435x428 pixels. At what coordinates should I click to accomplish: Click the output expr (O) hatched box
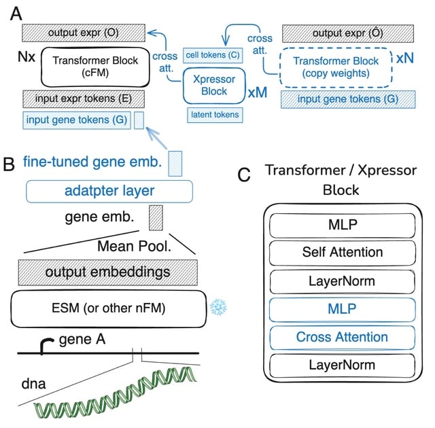pyautogui.click(x=84, y=33)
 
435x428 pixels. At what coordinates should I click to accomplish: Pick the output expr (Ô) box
pyautogui.click(x=349, y=33)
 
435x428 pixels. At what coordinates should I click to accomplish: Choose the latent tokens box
pyautogui.click(x=215, y=115)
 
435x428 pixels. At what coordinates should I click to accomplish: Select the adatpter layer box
pyautogui.click(x=109, y=190)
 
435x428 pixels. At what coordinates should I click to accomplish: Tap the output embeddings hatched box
pyautogui.click(x=108, y=272)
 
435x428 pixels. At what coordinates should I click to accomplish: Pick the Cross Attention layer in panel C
pyautogui.click(x=342, y=336)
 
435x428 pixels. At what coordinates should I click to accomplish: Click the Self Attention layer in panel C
pyautogui.click(x=342, y=251)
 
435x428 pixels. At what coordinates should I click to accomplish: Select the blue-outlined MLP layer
pyautogui.click(x=342, y=308)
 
